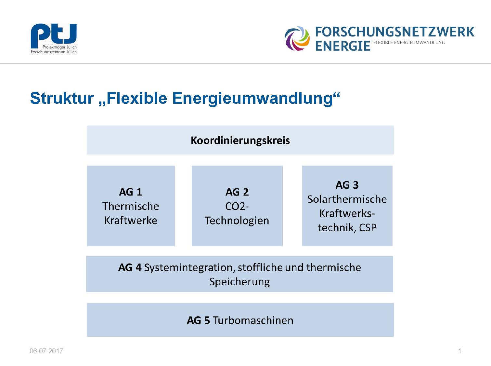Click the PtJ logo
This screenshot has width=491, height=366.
click(54, 39)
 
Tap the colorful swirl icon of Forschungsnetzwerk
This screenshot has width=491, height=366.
click(297, 38)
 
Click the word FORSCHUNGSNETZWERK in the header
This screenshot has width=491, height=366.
click(395, 32)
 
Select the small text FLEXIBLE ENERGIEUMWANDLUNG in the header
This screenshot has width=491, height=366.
click(409, 43)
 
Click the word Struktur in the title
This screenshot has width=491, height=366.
click(62, 98)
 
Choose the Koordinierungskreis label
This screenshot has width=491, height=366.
click(240, 140)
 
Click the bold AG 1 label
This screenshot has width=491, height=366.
click(131, 192)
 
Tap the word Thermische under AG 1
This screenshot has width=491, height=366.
click(131, 206)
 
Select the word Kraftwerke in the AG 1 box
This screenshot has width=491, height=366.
click(131, 220)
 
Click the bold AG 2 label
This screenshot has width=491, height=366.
click(237, 192)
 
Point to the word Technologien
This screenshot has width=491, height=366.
click(237, 221)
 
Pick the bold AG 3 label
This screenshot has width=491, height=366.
click(347, 185)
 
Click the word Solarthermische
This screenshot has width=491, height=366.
click(347, 199)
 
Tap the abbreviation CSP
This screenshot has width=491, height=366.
click(368, 228)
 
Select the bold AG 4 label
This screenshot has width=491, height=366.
click(130, 267)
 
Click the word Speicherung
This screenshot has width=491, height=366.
click(239, 282)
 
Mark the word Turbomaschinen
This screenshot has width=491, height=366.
click(253, 320)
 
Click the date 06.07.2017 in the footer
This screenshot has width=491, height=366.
click(46, 351)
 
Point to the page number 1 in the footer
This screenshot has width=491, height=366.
click(459, 351)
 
